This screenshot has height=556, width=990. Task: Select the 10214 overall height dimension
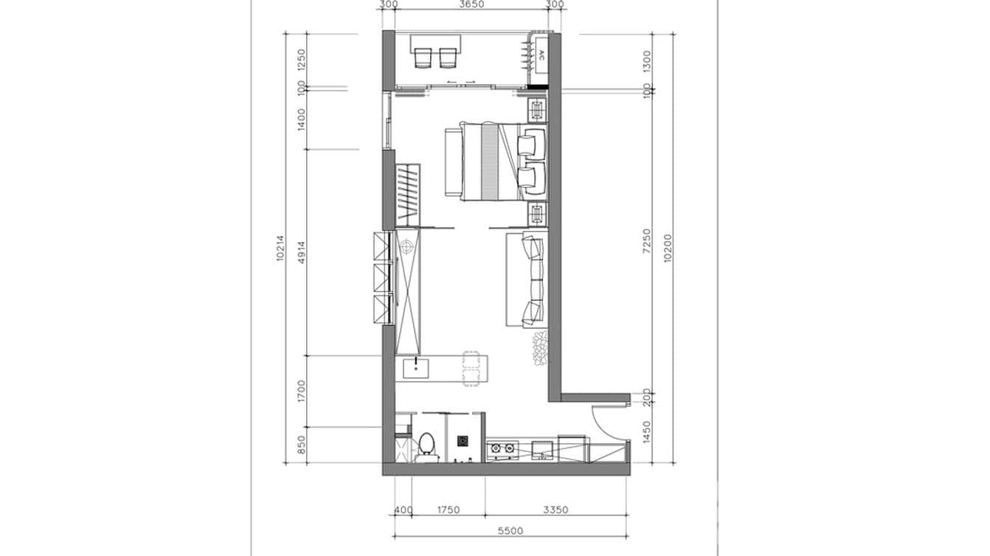pos(281,249)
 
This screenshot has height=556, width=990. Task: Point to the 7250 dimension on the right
pos(647,241)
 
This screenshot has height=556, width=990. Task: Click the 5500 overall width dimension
pos(510,530)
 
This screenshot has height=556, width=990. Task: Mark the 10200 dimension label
pos(668,249)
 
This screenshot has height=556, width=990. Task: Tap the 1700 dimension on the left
pos(301,392)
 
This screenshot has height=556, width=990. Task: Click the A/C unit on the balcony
pos(541,57)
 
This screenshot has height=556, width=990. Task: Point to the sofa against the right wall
pos(527,279)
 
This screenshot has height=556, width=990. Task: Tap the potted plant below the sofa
pos(539,347)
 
